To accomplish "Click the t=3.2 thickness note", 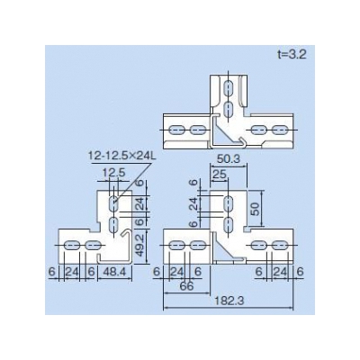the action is click(x=291, y=55).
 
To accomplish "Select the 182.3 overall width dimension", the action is click(x=229, y=301).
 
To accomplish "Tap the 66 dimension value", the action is click(x=186, y=286).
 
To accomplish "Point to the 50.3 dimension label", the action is click(x=229, y=159).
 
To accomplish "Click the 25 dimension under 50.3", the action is click(x=220, y=174).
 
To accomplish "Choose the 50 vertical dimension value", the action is click(x=255, y=208).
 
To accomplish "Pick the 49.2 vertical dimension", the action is click(x=139, y=246).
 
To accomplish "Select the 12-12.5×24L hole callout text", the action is click(x=121, y=156).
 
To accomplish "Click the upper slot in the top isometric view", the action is click(x=229, y=88).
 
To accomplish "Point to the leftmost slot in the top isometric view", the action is click(x=176, y=130).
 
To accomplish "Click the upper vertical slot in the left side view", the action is click(x=113, y=204).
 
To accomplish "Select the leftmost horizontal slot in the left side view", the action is click(x=70, y=246).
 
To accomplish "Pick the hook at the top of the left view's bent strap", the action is click(x=127, y=232).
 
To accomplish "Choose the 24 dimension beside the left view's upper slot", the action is click(x=139, y=203).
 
